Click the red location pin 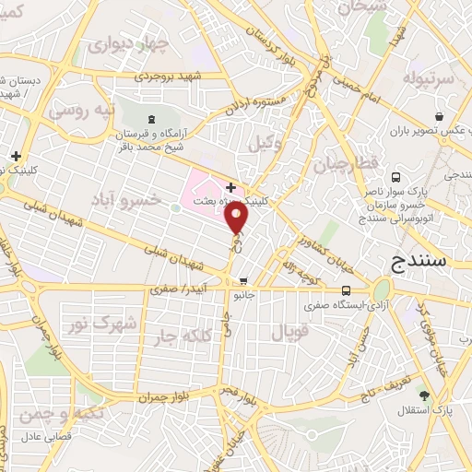238,218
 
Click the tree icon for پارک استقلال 423,395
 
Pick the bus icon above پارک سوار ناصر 395,174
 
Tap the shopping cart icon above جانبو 242,281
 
